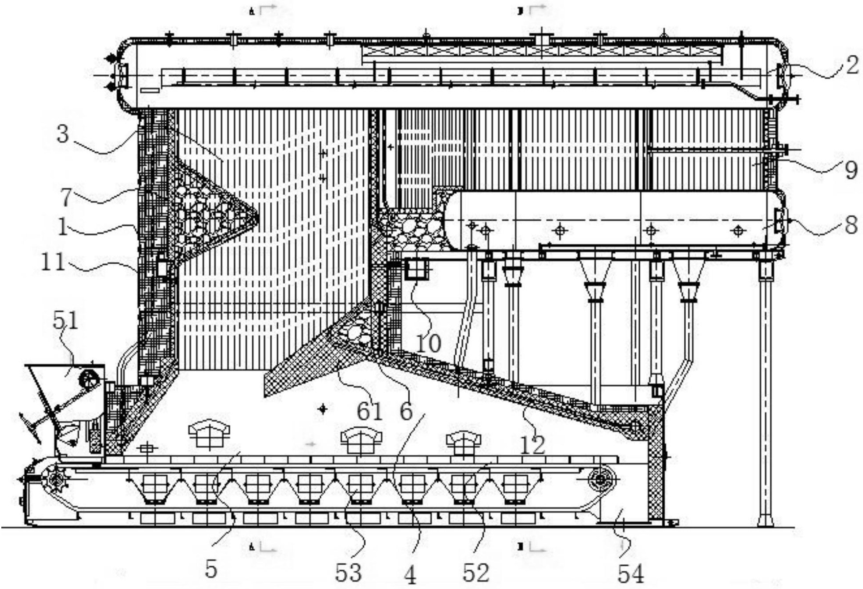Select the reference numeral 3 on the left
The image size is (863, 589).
(x=63, y=134)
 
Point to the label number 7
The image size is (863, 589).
(x=65, y=197)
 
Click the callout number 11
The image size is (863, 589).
(x=53, y=262)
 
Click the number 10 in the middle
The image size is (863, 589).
(x=429, y=343)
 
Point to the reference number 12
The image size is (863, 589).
(x=533, y=445)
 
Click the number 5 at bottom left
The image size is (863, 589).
(x=211, y=570)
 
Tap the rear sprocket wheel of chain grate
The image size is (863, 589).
(x=600, y=479)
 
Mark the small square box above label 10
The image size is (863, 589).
(x=416, y=269)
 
